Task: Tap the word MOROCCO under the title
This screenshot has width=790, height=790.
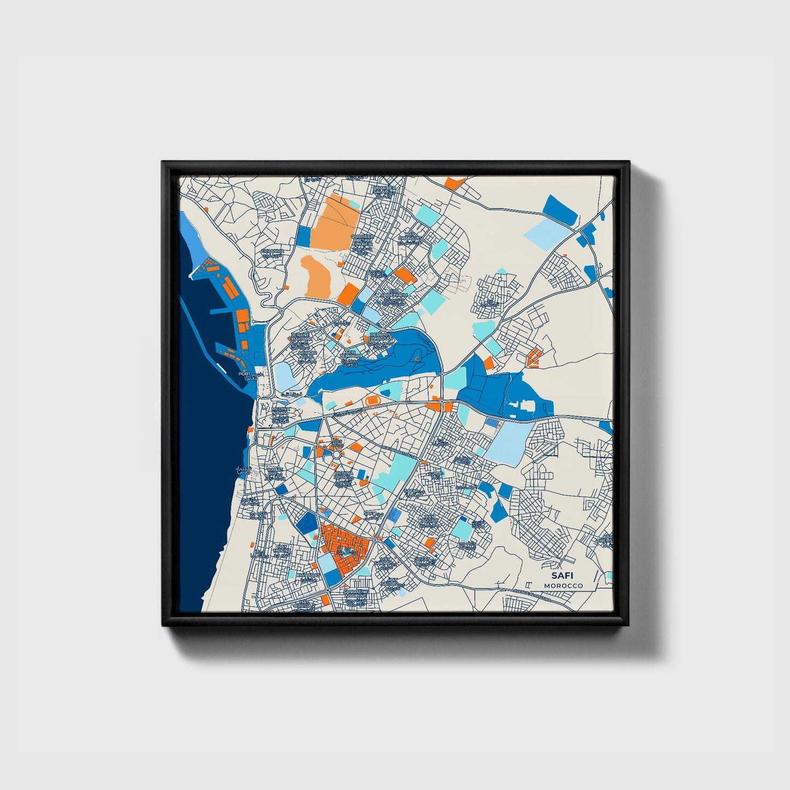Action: (x=563, y=586)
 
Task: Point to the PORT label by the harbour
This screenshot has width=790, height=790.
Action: (x=244, y=374)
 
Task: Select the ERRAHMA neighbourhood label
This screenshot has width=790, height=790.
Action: (x=273, y=251)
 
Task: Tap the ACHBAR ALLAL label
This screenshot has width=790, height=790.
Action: (x=307, y=355)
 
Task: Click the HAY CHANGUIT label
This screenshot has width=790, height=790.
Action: (x=410, y=236)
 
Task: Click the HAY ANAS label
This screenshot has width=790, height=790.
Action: (x=307, y=575)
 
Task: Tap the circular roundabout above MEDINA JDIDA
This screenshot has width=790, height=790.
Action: (x=337, y=454)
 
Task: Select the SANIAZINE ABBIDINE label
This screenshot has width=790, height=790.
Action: (x=355, y=594)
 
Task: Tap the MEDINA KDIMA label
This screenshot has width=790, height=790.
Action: (x=280, y=411)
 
